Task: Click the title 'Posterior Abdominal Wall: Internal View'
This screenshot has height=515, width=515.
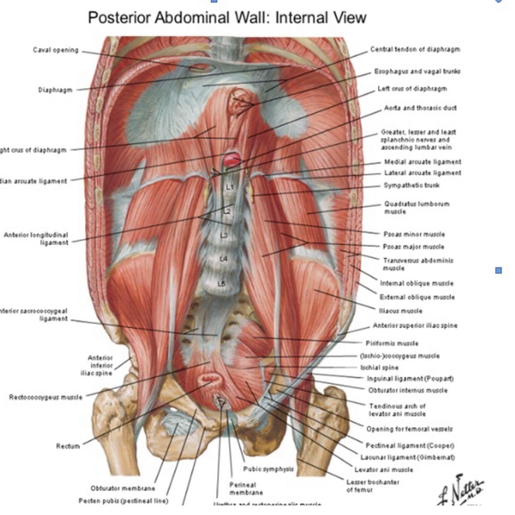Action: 227,18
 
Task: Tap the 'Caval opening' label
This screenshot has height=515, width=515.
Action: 56,50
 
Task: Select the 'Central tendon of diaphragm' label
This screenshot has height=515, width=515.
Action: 415,49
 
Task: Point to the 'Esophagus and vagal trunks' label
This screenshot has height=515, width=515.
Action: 417,71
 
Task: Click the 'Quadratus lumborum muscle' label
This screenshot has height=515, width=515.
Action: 417,207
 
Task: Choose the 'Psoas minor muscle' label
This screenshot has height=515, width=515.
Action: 414,234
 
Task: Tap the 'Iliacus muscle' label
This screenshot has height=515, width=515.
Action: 401,311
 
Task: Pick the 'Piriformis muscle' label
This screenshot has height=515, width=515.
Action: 392,343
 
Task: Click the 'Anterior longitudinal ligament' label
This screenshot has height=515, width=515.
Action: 36,239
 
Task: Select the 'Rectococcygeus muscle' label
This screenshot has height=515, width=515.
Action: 46,397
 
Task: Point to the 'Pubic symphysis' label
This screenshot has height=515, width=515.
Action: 268,469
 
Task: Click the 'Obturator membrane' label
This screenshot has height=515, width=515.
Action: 123,488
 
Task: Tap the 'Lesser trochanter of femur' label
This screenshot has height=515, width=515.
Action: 373,486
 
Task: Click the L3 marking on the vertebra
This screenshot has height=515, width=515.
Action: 224,235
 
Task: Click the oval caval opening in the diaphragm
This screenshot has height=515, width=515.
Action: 200,68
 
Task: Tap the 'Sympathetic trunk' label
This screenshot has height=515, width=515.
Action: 412,185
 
